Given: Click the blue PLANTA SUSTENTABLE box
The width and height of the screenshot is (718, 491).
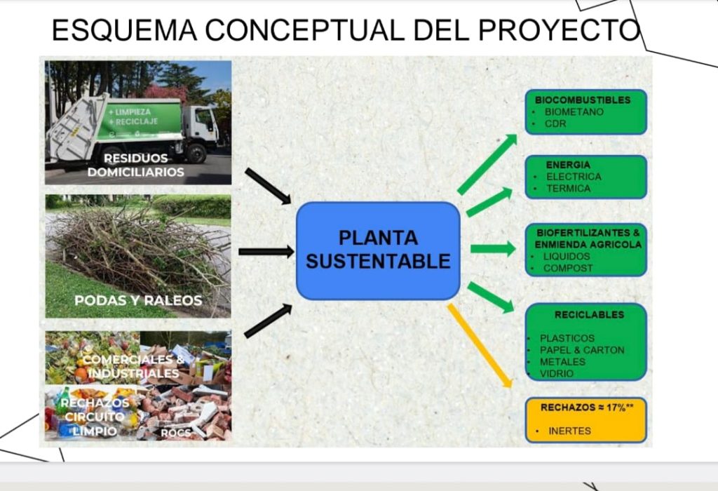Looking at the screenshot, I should click(378, 250).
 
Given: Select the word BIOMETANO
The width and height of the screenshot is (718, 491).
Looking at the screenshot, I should click(574, 112).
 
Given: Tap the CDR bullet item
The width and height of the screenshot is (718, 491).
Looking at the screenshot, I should click(555, 123).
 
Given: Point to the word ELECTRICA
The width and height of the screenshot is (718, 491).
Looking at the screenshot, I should click(574, 177).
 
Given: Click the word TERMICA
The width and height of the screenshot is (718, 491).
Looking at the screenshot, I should click(568, 188).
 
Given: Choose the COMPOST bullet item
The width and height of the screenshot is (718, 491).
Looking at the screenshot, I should click(568, 268).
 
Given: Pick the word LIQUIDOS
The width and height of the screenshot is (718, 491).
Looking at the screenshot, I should click(567, 256).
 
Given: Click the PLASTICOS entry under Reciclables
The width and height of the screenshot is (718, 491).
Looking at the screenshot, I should click(567, 338).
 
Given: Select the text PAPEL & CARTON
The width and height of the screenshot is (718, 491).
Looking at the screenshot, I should click(582, 350).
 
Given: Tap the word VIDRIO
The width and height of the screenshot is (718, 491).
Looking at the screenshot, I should click(557, 374).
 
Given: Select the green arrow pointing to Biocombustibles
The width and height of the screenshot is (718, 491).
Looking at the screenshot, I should click(487, 164).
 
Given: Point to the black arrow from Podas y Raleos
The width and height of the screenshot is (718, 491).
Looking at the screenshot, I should click(266, 251).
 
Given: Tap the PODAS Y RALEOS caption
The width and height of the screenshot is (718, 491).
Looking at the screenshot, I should click(138, 301).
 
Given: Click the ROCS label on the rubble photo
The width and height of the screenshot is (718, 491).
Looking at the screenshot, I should click(175, 433).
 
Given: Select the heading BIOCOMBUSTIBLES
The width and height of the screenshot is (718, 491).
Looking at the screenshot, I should click(582, 100).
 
